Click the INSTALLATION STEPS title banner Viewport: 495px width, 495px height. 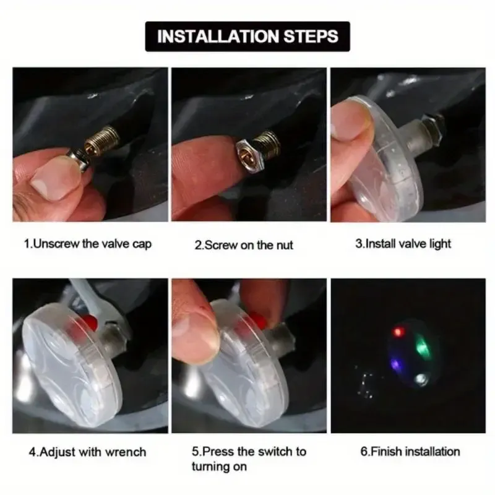tap(247, 36)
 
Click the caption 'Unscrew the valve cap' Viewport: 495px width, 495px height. tap(87, 244)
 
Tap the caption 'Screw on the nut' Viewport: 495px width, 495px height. tap(244, 245)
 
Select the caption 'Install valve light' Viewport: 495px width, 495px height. tap(403, 244)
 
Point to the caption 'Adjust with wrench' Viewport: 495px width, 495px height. tap(87, 452)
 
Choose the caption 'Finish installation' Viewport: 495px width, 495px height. tap(410, 452)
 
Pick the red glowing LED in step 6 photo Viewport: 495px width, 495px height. tap(398, 332)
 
